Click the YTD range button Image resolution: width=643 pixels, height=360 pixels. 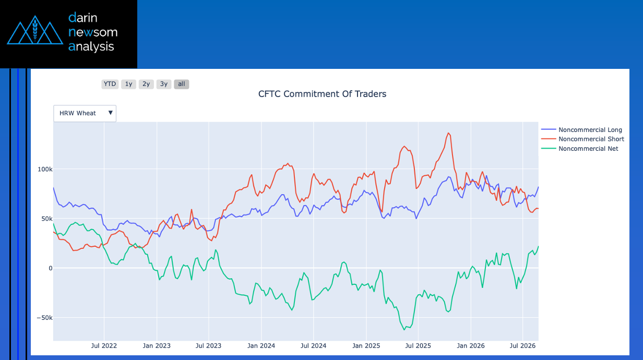pyautogui.click(x=110, y=84)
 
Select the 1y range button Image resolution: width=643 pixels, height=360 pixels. pyautogui.click(x=128, y=84)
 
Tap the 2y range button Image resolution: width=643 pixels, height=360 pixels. pyautogui.click(x=146, y=84)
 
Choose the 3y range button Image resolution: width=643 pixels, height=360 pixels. pyautogui.click(x=164, y=84)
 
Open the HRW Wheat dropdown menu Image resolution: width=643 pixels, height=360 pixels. pyautogui.click(x=85, y=113)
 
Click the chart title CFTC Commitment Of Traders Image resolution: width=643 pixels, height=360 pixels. pyautogui.click(x=322, y=94)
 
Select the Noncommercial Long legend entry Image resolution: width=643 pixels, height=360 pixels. pyautogui.click(x=581, y=130)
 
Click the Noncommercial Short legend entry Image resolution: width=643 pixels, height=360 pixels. pyautogui.click(x=582, y=139)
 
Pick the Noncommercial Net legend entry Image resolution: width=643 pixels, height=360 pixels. pyautogui.click(x=579, y=149)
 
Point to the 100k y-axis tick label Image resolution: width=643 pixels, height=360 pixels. pyautogui.click(x=45, y=169)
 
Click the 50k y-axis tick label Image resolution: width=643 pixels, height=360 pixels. pyautogui.click(x=47, y=219)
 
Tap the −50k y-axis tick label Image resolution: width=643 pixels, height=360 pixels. pyautogui.click(x=44, y=318)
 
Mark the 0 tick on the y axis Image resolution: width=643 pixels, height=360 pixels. pyautogui.click(x=51, y=268)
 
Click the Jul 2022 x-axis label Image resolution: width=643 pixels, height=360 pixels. pyautogui.click(x=104, y=346)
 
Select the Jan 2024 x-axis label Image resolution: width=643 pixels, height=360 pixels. pyautogui.click(x=261, y=346)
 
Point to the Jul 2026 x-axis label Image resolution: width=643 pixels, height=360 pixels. pyautogui.click(x=522, y=346)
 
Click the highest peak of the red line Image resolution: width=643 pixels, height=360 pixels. pyautogui.click(x=448, y=133)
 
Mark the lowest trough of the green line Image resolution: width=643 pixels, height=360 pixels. pyautogui.click(x=404, y=330)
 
